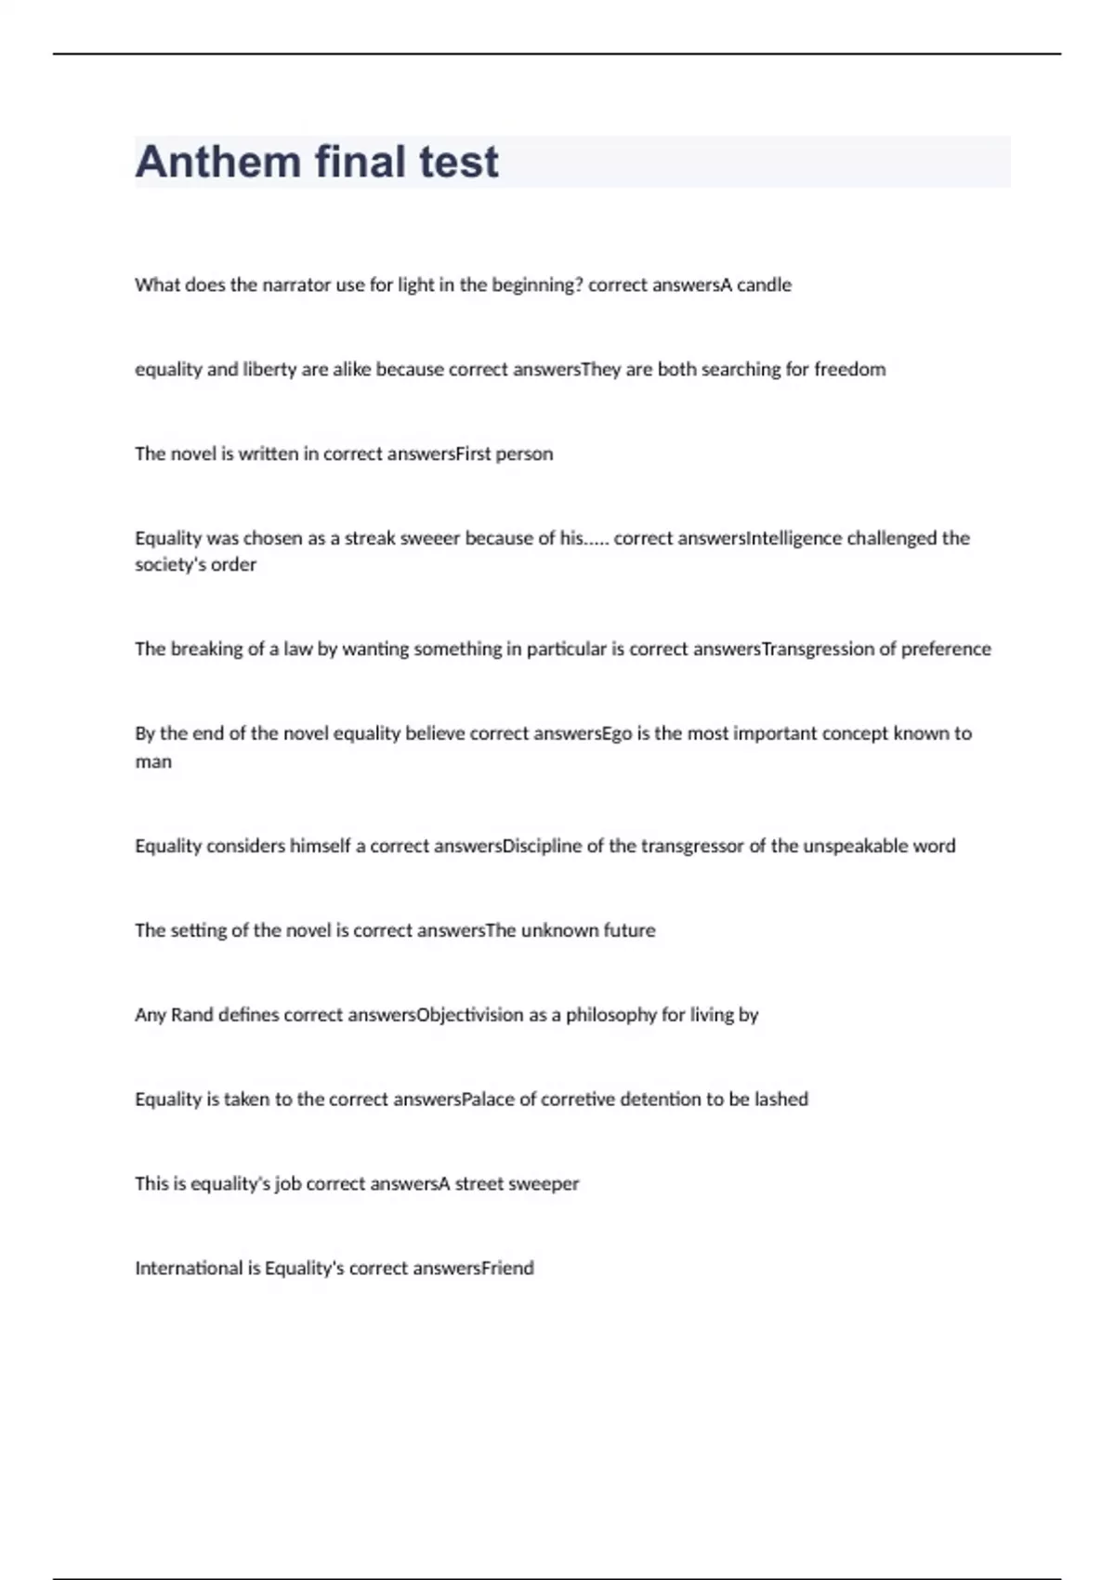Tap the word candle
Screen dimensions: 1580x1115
click(764, 285)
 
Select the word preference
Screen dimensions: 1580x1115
click(945, 649)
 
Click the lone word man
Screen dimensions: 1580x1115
click(153, 762)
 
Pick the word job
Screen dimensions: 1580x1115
click(287, 1184)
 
